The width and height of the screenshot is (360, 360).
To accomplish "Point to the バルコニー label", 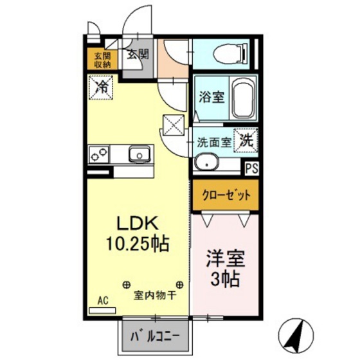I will point(154,336).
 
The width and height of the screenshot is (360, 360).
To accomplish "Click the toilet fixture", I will point(230,53).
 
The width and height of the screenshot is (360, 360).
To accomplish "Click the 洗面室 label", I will point(214,143).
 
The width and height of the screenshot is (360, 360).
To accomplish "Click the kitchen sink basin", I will point(139,154).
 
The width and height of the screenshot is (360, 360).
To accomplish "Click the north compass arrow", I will point(297,332).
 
